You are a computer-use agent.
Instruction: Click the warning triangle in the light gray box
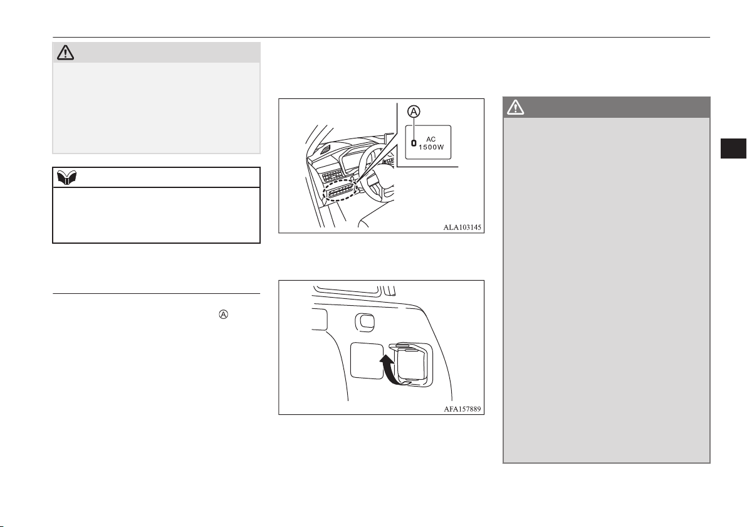(65, 53)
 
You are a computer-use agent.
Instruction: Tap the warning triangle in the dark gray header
(516, 108)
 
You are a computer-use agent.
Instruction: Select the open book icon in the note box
(66, 178)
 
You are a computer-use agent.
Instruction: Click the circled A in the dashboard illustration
(414, 112)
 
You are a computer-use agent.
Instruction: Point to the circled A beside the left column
(224, 315)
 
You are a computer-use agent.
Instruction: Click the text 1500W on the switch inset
(431, 147)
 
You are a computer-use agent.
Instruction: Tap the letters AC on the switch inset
(431, 139)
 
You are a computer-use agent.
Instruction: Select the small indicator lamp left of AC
(414, 142)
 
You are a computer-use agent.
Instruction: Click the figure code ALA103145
(462, 227)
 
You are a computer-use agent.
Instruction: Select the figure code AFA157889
(462, 409)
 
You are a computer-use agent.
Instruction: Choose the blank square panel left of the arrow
(367, 361)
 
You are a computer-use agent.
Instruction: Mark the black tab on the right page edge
(733, 148)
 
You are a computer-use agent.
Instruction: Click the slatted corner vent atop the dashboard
(325, 150)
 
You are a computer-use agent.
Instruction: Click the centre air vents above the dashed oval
(333, 175)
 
